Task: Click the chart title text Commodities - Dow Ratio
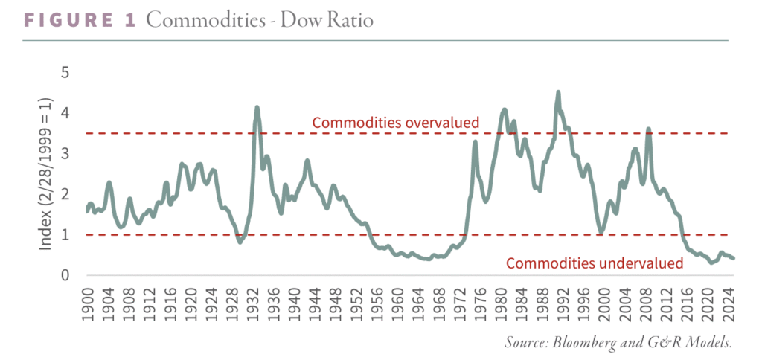click(x=260, y=20)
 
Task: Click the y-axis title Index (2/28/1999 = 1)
click(x=46, y=173)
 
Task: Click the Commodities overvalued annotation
click(x=395, y=122)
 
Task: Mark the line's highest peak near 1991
click(x=558, y=92)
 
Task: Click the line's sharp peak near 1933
click(x=257, y=107)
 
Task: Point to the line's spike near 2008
click(x=648, y=129)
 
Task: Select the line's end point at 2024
click(x=734, y=258)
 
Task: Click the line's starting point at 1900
click(x=88, y=211)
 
